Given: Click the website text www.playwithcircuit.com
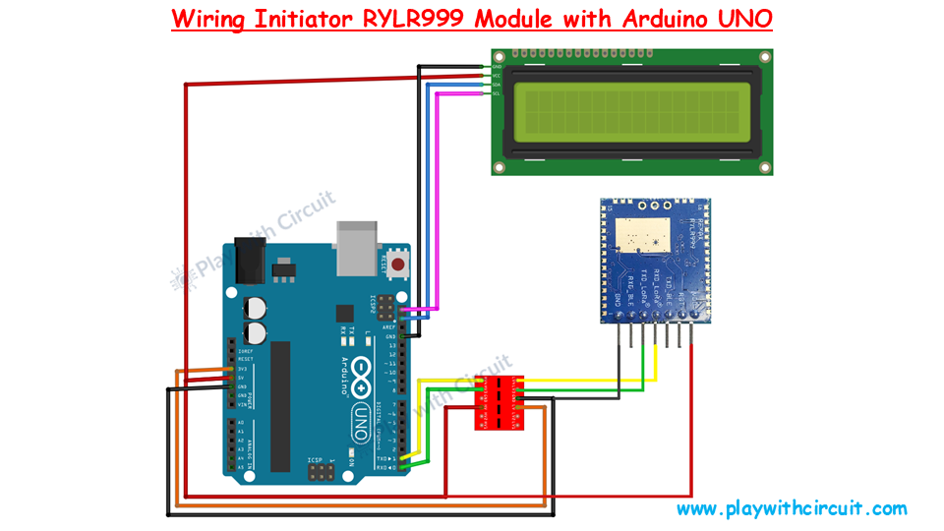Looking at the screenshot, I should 791,508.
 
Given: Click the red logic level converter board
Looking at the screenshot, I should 501,402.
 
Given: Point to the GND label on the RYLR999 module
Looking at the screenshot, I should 618,298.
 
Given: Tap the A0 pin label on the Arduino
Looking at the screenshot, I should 239,422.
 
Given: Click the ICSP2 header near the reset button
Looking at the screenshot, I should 382,304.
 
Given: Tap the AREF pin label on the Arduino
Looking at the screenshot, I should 390,326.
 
